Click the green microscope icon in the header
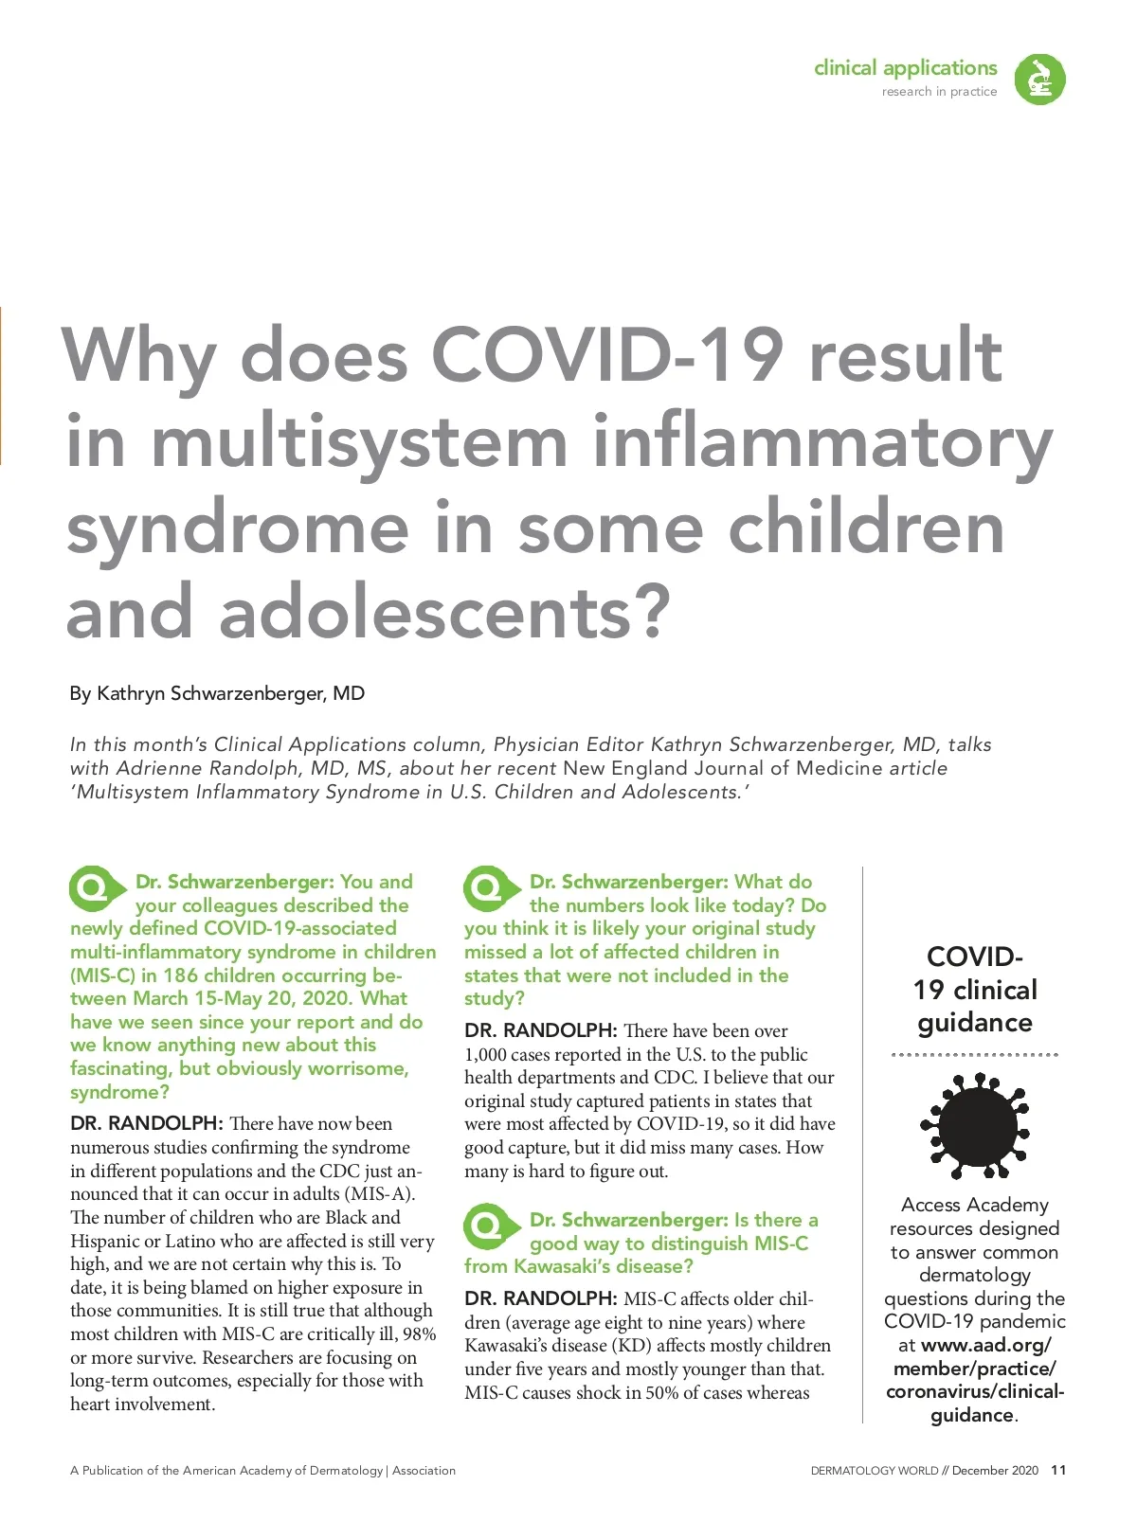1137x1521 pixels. [1039, 79]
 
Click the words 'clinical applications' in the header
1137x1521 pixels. [905, 68]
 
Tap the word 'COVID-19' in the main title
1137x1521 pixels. [607, 355]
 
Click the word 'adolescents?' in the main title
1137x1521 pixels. [444, 612]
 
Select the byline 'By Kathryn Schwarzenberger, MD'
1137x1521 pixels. [217, 693]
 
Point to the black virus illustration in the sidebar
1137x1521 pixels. [975, 1125]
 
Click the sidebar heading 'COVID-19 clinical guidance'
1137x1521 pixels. [975, 990]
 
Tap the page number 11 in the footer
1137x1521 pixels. [1058, 1470]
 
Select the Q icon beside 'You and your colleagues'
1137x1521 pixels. [95, 888]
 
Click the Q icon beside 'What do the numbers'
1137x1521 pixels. [489, 888]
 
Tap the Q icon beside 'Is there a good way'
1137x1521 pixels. [489, 1226]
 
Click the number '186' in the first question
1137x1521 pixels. [181, 975]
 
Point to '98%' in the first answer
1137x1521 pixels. [418, 1334]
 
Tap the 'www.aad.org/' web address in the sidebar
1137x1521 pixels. [985, 1345]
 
